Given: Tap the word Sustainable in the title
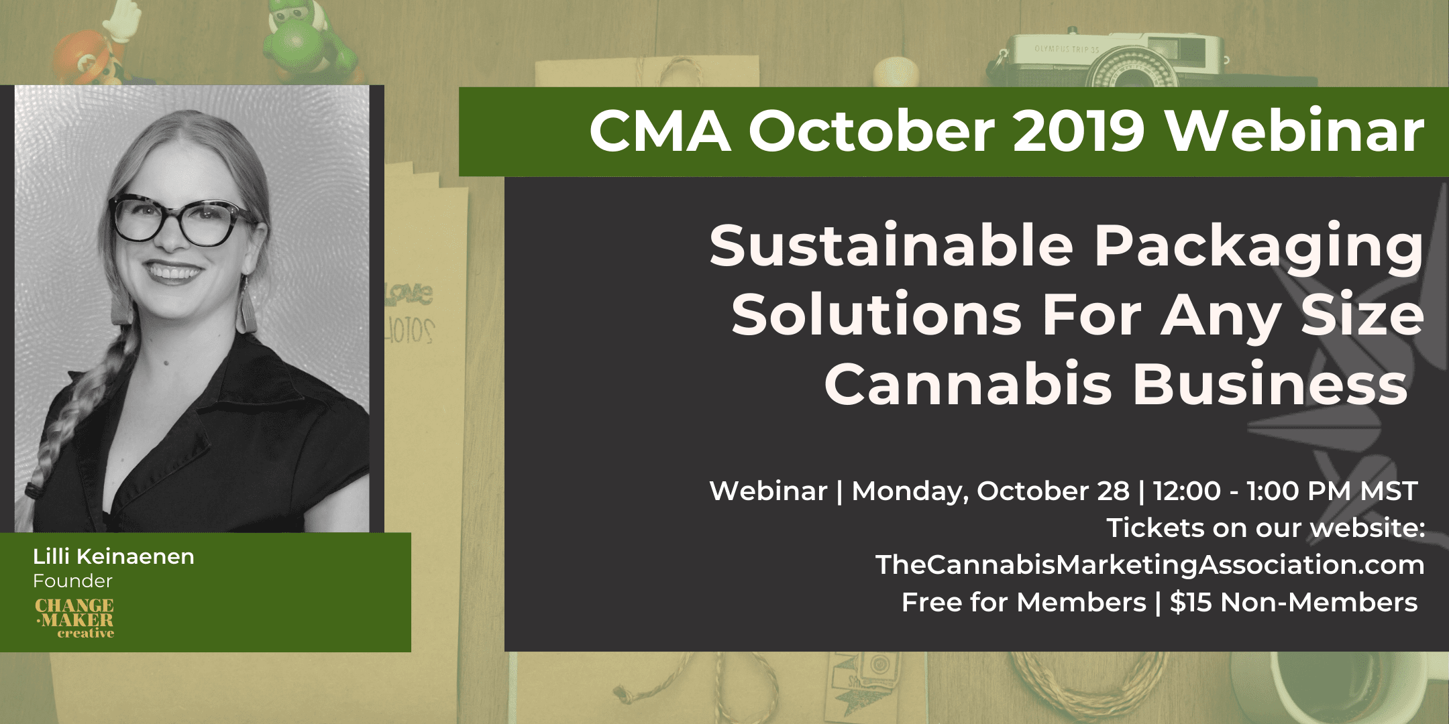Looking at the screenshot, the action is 892,245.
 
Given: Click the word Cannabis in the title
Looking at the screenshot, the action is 968,384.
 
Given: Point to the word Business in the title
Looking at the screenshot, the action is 1270,384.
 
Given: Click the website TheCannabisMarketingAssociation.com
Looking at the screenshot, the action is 1150,564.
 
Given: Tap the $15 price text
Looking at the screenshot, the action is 1191,602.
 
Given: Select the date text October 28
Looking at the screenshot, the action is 1053,491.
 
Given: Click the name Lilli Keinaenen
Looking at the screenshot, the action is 113,556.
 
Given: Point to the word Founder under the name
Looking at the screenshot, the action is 72,581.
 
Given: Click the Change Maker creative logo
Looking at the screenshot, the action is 74,617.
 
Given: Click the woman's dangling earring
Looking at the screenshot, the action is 246,304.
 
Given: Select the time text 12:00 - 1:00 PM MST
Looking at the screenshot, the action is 1285,491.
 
